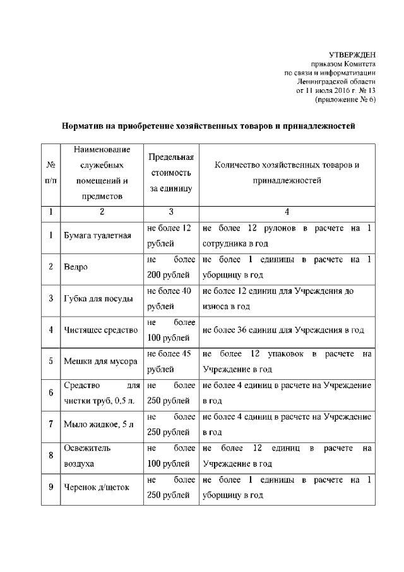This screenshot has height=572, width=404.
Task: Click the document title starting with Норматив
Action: tap(208, 126)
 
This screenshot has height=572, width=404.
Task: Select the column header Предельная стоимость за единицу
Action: tap(170, 173)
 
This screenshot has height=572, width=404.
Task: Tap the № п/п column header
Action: tap(50, 173)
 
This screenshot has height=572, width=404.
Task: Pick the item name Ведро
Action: tap(75, 267)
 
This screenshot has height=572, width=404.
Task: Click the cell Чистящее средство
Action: tap(101, 329)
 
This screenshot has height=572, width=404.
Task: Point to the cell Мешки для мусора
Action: tap(100, 361)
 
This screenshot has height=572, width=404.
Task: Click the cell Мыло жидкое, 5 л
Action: tap(99, 423)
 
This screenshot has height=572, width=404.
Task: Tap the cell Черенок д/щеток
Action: tap(97, 487)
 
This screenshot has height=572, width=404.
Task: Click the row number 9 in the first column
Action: tap(50, 487)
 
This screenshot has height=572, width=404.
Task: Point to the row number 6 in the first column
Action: tap(50, 392)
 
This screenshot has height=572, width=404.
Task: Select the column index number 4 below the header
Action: tap(287, 211)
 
